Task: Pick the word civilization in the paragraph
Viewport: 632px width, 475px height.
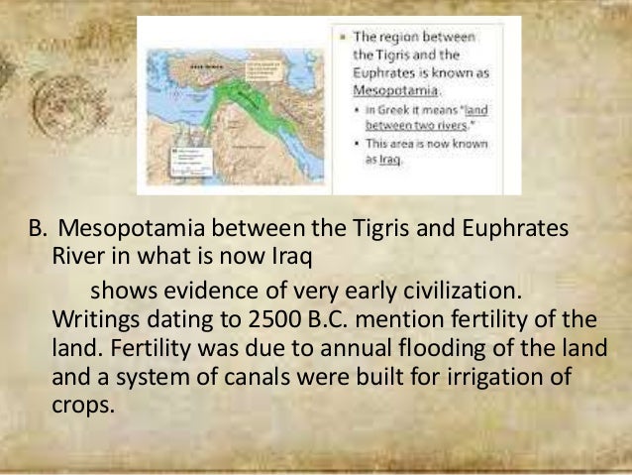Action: coord(466,294)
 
